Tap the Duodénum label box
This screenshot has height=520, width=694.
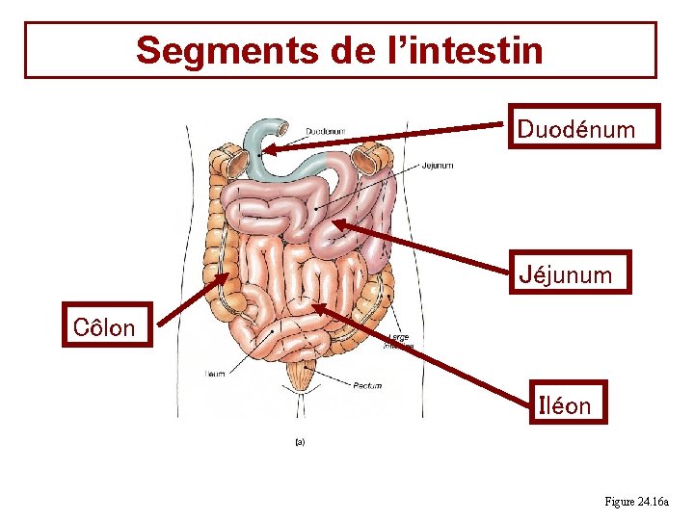(x=583, y=127)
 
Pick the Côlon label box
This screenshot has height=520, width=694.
(x=105, y=326)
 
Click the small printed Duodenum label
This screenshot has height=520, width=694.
(x=326, y=132)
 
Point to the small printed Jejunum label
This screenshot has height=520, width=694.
(x=437, y=166)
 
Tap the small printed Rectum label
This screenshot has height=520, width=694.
(x=367, y=386)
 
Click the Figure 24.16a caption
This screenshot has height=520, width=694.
(x=642, y=502)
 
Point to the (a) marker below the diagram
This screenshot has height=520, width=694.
(x=299, y=442)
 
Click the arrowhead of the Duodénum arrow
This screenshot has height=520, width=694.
(x=267, y=149)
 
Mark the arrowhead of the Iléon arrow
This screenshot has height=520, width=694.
(x=315, y=308)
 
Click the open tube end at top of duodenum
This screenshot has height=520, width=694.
(x=282, y=126)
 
